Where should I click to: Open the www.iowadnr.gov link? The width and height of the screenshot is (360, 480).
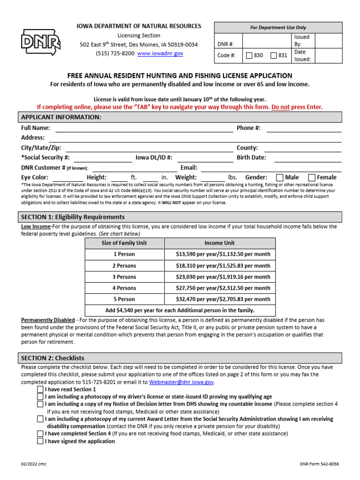coord(160,53)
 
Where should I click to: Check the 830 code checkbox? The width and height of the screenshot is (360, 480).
coord(249,55)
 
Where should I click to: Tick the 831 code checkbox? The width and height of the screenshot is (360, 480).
coord(274,55)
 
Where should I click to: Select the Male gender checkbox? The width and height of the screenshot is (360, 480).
coord(280,178)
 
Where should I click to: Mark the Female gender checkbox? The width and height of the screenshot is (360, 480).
coord(312,178)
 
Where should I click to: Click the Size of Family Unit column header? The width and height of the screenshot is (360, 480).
coord(124,243)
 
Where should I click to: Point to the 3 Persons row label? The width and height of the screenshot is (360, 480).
coord(124,277)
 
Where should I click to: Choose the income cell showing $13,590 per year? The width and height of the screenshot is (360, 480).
coord(220,255)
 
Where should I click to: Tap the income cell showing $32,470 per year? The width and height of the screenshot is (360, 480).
coord(220,299)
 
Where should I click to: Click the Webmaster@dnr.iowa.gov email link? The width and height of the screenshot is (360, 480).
coord(181,382)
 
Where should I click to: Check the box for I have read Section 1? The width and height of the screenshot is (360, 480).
coord(40,390)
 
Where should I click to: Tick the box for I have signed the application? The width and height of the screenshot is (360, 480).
coord(40,442)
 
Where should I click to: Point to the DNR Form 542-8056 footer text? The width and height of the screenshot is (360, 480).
coord(319,464)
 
